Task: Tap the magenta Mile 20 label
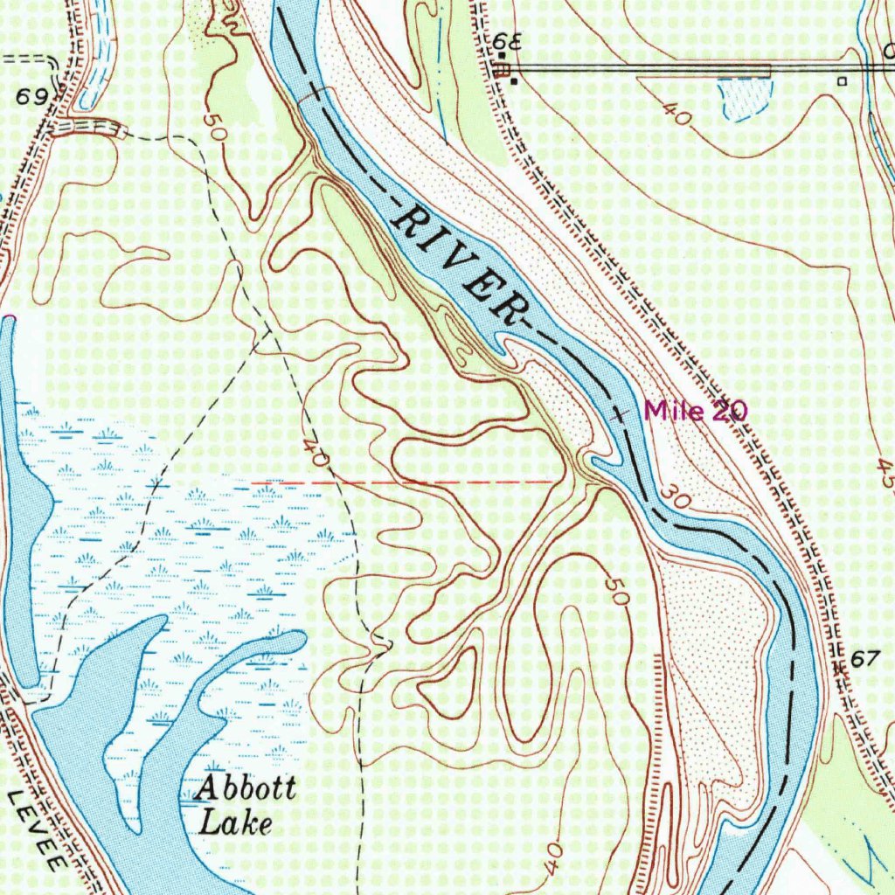point(696,411)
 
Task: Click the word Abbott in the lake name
point(246,789)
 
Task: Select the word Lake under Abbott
point(235,822)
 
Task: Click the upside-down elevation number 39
point(505,42)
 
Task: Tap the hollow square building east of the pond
point(842,80)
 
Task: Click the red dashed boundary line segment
point(402,481)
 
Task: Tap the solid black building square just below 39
point(515,82)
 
